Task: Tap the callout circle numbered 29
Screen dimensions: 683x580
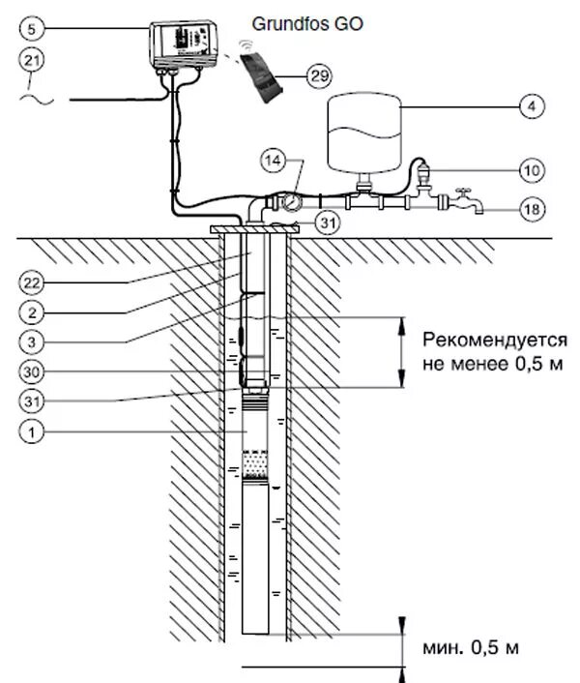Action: pyautogui.click(x=316, y=74)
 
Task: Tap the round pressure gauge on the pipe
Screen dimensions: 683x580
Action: pyautogui.click(x=289, y=201)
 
